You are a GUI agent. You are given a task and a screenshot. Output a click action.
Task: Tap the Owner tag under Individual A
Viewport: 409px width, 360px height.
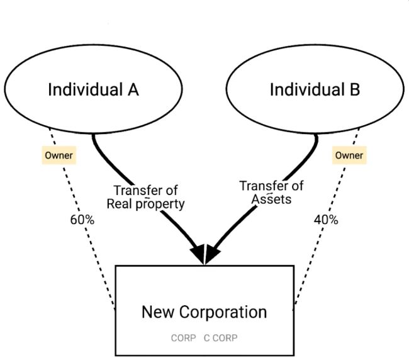pos(58,155)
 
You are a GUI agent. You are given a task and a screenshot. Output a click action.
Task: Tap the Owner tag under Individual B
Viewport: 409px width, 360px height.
pos(349,155)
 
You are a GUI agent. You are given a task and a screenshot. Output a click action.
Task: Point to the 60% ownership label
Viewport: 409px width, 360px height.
pos(82,220)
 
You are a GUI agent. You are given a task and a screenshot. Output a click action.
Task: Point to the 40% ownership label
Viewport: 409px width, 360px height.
pos(325,220)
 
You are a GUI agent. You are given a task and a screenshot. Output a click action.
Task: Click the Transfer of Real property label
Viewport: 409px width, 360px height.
pos(145,197)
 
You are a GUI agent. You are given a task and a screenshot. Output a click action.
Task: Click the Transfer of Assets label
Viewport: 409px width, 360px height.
pos(271,193)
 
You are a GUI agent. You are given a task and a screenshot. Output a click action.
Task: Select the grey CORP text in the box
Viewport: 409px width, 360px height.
pos(183,338)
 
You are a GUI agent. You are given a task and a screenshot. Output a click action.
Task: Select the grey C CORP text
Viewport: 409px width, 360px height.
pos(221,338)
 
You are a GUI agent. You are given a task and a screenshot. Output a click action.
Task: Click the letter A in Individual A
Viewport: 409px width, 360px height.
pos(133,89)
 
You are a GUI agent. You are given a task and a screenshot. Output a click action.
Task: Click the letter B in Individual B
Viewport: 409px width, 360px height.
pos(355,89)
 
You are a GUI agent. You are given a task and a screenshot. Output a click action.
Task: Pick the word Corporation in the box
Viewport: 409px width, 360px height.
pos(223,312)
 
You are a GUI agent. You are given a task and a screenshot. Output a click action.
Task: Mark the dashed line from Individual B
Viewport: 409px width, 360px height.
pos(315,252)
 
